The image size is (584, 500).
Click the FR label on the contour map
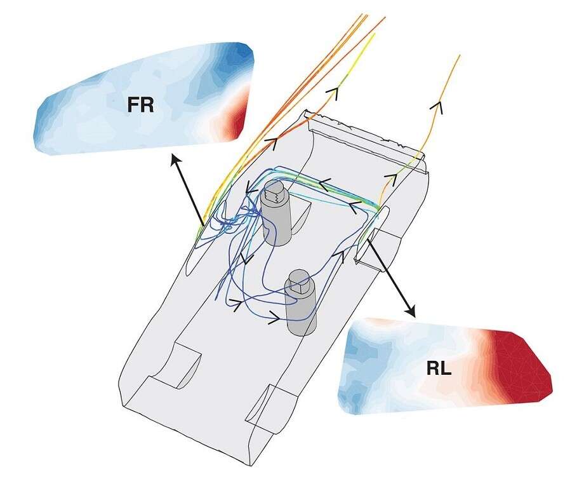140,104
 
